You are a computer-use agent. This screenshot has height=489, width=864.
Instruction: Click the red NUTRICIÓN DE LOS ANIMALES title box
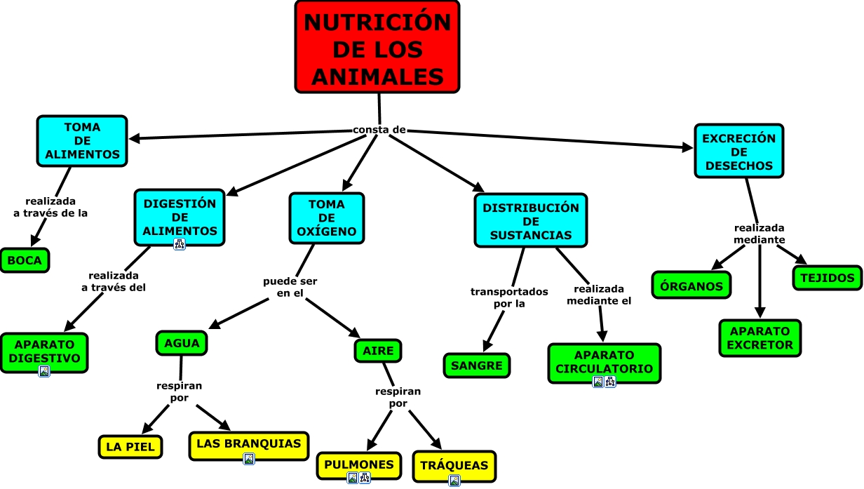click(x=377, y=47)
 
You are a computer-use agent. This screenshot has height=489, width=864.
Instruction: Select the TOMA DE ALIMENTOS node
click(x=82, y=141)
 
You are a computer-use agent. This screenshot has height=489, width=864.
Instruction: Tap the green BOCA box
click(x=25, y=261)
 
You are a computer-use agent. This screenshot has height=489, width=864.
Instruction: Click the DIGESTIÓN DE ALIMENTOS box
click(x=180, y=217)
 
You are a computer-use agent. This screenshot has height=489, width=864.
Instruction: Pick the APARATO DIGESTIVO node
click(x=44, y=351)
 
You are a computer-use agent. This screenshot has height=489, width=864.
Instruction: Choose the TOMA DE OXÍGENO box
click(x=327, y=217)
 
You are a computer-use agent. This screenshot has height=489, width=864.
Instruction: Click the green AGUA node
click(x=182, y=343)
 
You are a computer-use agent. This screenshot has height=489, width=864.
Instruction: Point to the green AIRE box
click(x=378, y=350)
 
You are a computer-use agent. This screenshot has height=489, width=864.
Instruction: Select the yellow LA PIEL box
click(x=130, y=447)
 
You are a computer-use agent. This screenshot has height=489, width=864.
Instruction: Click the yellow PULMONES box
click(x=358, y=465)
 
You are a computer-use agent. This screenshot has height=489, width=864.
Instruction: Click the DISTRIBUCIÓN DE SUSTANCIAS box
click(x=531, y=221)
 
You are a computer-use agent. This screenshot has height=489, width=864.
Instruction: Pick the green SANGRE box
click(x=477, y=366)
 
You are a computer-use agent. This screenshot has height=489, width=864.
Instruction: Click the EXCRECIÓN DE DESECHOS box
click(x=738, y=152)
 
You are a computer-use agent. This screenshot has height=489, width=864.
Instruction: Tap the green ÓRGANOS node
click(x=691, y=286)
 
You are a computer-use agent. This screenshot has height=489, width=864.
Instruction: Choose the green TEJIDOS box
click(x=827, y=278)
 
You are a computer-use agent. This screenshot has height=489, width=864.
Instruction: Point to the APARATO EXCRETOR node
click(x=760, y=338)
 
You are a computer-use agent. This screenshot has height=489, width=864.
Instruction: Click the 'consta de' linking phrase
click(x=379, y=130)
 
